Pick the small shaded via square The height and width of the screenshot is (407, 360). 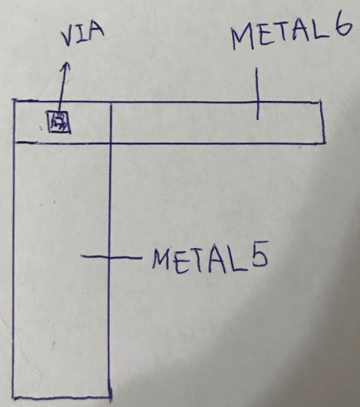pyautogui.click(x=59, y=122)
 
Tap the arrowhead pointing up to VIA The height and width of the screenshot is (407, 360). pyautogui.click(x=67, y=66)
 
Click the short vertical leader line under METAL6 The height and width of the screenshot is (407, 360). pyautogui.click(x=258, y=93)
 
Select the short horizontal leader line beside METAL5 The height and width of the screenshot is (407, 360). pyautogui.click(x=111, y=257)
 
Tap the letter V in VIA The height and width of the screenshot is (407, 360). pyautogui.click(x=68, y=38)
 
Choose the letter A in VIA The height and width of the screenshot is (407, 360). pyautogui.click(x=96, y=32)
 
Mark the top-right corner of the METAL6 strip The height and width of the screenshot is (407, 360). pyautogui.click(x=321, y=102)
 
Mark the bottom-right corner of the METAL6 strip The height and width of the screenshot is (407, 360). pyautogui.click(x=325, y=142)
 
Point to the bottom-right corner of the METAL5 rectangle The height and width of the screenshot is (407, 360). pyautogui.click(x=111, y=396)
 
